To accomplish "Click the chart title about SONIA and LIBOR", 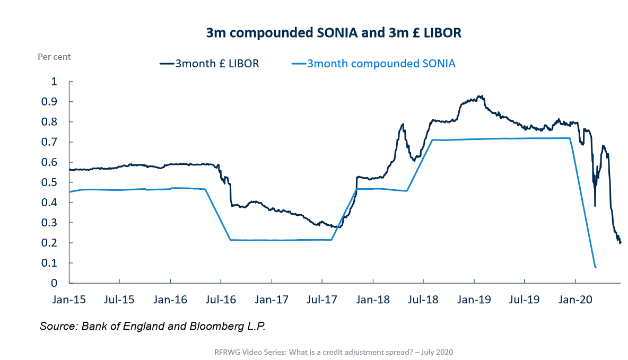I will tap(334, 33).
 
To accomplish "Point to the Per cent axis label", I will tap(54, 57).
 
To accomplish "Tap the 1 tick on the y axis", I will tap(53, 82).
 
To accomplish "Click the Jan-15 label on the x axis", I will tap(69, 300).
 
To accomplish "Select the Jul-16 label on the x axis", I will tap(221, 300).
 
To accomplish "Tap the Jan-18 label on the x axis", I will tap(373, 300).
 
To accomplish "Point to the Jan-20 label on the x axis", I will tap(575, 300).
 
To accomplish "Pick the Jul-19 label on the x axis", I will tap(525, 300).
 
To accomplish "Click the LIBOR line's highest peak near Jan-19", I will tap(481, 96).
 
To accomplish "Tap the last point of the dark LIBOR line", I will tap(621, 242).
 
